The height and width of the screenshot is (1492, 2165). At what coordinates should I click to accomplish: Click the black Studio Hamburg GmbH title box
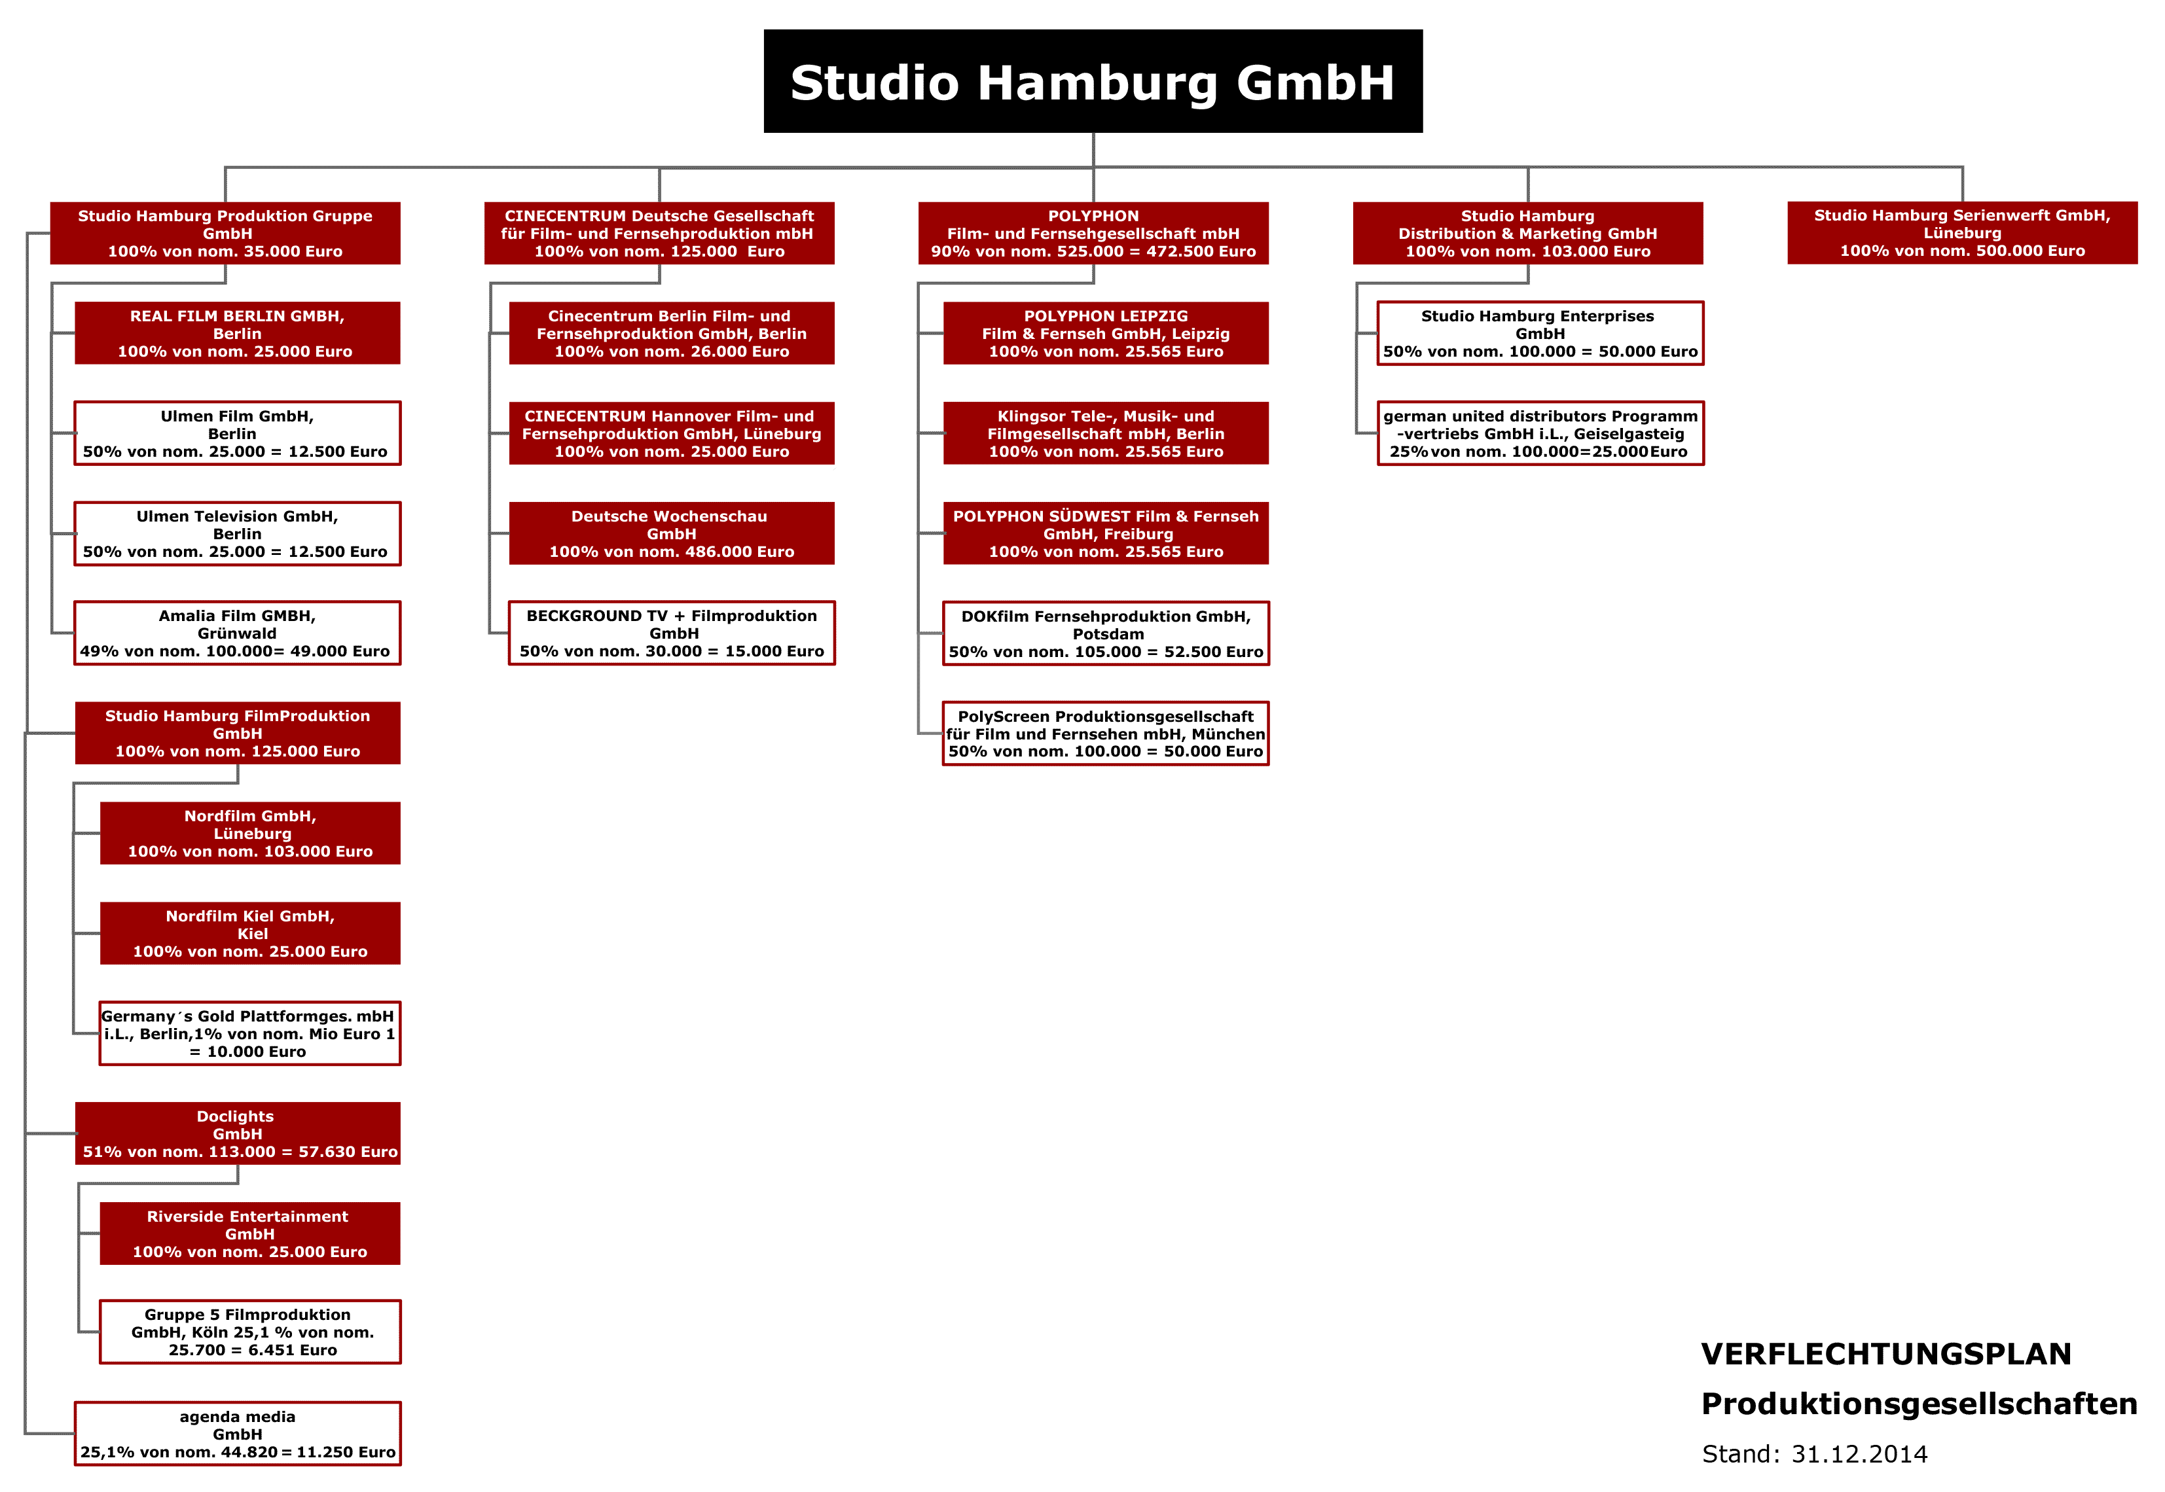[1092, 81]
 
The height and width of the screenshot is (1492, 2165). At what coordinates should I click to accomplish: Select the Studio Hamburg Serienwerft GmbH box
[1962, 233]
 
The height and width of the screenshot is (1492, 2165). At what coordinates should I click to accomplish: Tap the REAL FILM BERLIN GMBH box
[238, 333]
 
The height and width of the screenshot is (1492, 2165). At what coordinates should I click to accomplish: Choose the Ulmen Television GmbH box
[238, 534]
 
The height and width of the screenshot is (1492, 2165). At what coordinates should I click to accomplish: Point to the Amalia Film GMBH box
[238, 633]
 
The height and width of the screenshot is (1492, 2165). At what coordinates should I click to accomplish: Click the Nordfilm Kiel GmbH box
[249, 933]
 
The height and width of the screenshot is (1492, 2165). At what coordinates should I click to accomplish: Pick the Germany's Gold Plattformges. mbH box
[249, 1033]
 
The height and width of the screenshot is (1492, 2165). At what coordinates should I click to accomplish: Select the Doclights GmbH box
[238, 1133]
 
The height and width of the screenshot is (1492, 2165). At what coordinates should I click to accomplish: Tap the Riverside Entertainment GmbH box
[249, 1233]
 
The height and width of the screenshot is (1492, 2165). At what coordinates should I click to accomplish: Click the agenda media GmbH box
[238, 1433]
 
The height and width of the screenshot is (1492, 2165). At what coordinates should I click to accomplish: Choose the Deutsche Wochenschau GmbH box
[672, 533]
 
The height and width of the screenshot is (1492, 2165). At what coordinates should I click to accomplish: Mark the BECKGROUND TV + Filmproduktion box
[672, 633]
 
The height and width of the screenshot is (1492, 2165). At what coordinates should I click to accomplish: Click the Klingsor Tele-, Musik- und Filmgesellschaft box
[1105, 433]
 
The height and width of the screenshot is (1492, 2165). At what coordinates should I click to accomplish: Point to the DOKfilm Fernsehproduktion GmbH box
[1105, 633]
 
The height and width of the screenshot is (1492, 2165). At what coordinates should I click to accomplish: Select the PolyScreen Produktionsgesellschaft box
[1105, 733]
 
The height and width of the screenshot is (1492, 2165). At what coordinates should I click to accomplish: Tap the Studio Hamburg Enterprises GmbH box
[1540, 333]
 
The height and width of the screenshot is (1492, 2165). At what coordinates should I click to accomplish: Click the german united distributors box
[1540, 433]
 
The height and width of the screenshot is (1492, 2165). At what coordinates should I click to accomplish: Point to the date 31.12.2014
[1859, 1453]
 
